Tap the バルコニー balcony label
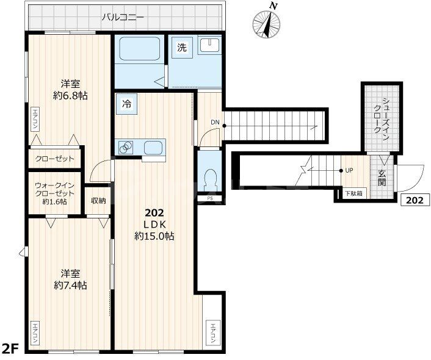123,18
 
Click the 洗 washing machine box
182,47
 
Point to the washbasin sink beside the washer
209,45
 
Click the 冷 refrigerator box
126,104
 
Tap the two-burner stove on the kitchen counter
126,148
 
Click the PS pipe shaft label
209,198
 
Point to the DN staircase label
215,122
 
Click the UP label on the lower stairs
349,170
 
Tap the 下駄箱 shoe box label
354,193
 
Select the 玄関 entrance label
382,178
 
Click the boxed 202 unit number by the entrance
415,200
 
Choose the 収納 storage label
98,201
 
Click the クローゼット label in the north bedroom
55,159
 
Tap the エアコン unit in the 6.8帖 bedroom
35,119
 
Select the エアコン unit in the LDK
212,333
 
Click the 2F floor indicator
10,349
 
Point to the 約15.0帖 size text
154,236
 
